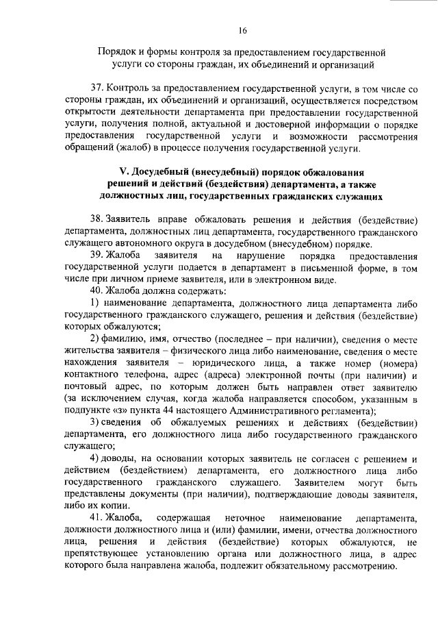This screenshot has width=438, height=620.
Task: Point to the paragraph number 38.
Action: click(96, 219)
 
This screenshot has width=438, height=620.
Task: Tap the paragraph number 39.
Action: click(96, 256)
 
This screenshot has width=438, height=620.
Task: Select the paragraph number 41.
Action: click(96, 517)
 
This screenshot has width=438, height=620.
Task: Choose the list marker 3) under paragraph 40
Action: click(96, 422)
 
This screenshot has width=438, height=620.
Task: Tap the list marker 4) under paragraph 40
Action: click(96, 458)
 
